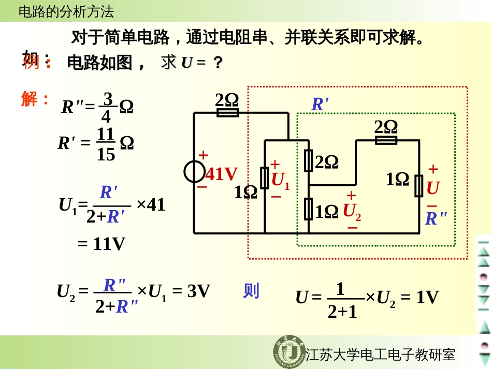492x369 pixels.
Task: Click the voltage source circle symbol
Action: tap(195, 172)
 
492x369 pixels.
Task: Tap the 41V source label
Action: tap(222, 174)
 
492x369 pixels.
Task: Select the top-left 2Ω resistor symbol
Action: tap(227, 112)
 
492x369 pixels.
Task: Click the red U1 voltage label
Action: tap(281, 181)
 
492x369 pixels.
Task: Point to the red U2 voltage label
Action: tap(352, 211)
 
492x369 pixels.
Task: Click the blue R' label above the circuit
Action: tap(320, 105)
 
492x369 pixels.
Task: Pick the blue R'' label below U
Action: tap(436, 218)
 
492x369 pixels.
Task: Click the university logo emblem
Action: tap(288, 352)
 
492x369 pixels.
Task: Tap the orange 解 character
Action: tap(30, 98)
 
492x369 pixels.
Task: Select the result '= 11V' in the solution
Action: tap(102, 244)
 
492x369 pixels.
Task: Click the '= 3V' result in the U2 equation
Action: tap(191, 291)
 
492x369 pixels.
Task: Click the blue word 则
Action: tap(251, 291)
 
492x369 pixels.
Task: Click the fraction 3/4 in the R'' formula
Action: tap(107, 107)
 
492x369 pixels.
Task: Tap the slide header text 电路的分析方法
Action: tap(66, 11)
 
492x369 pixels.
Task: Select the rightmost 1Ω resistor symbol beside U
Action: tap(419, 186)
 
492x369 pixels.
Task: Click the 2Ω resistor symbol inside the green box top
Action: tap(386, 140)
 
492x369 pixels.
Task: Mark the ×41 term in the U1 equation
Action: tap(151, 204)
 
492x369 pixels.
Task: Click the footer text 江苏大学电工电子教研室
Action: tap(381, 355)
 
